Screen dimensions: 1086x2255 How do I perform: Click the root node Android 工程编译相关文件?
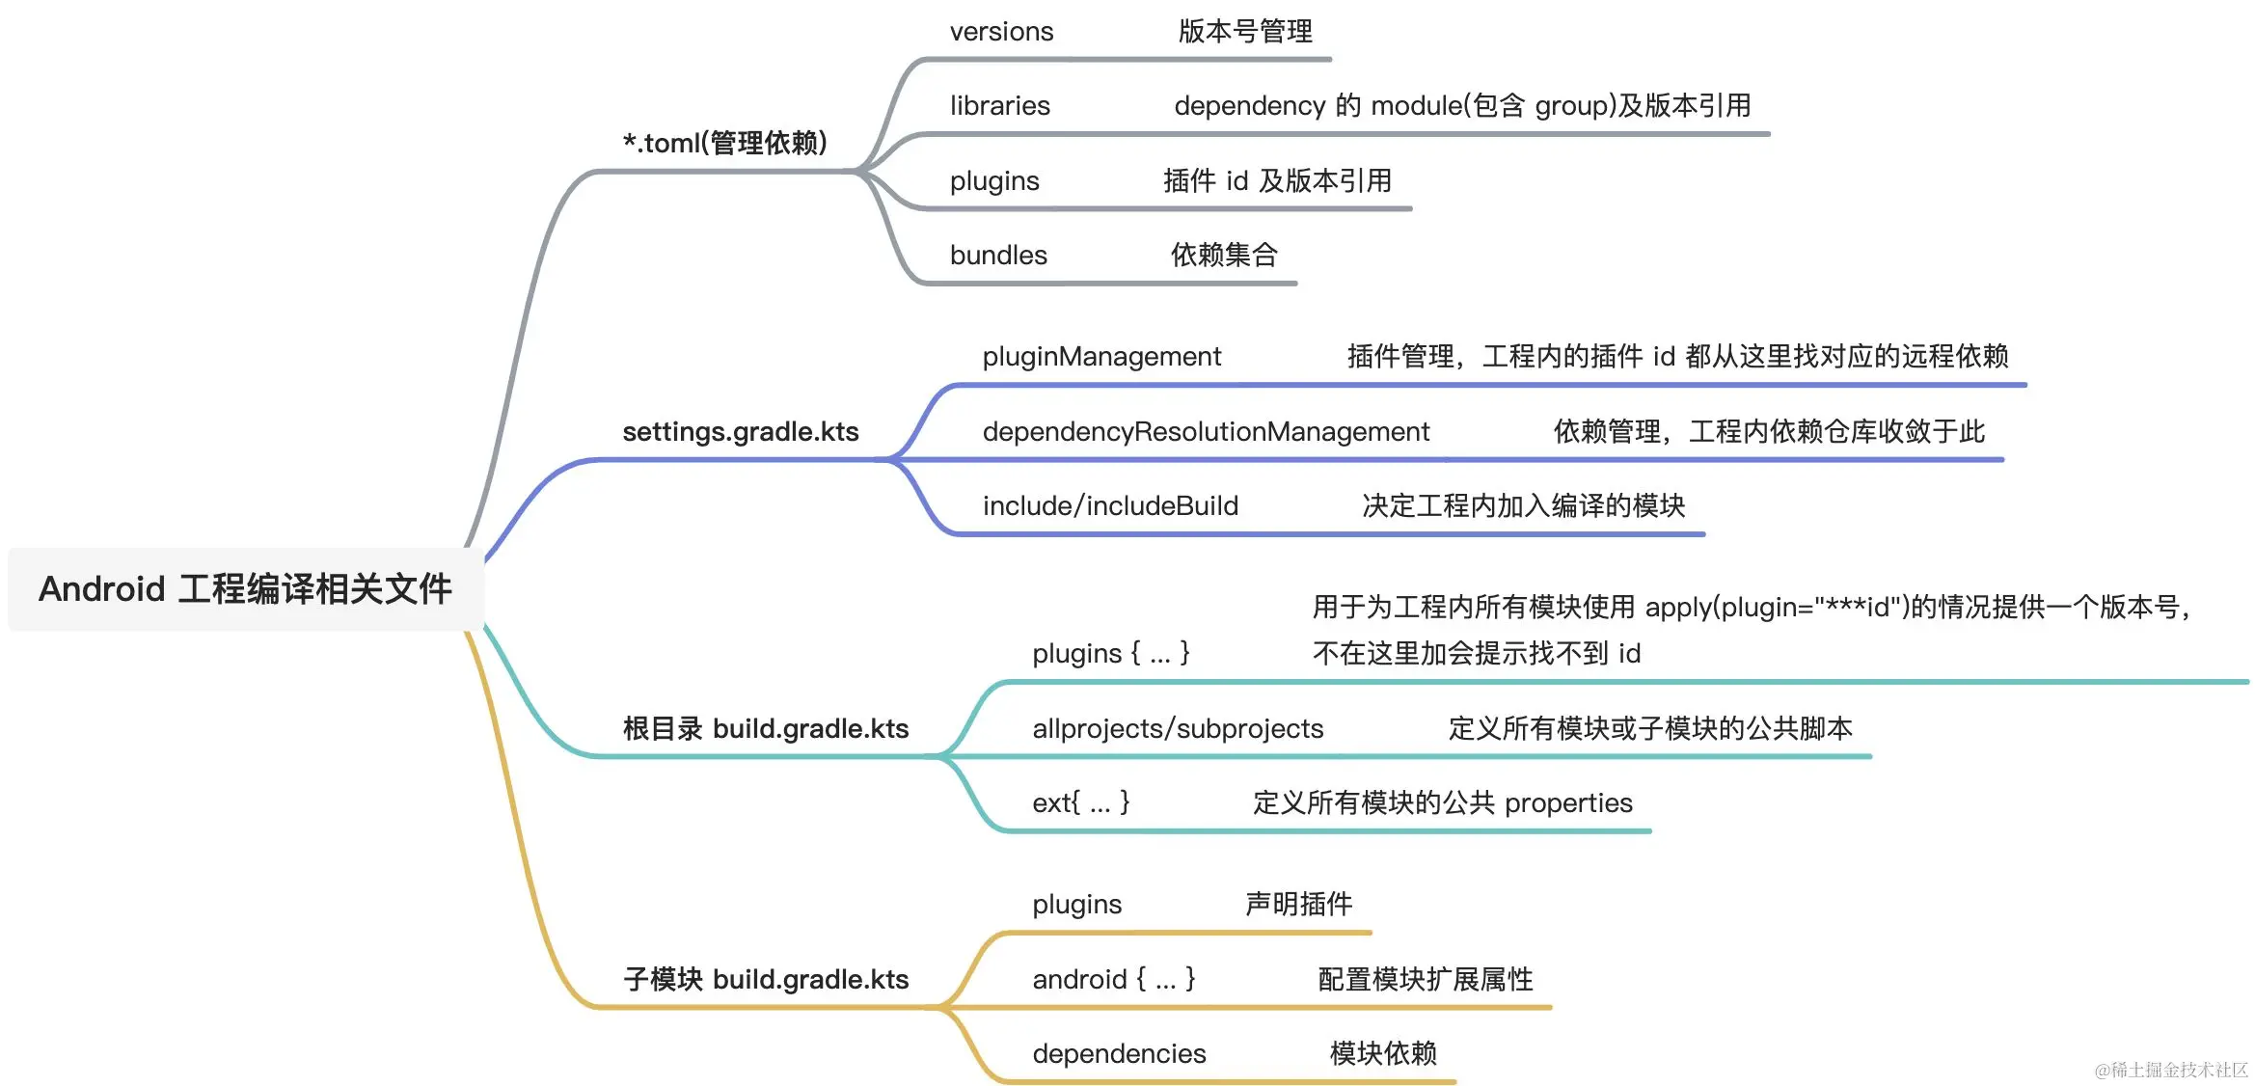245,589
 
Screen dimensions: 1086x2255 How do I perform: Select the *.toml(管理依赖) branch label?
725,143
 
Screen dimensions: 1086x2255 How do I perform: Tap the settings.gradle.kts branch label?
740,431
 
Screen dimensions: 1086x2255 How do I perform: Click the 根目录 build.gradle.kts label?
765,728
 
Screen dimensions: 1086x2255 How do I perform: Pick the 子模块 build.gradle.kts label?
765,979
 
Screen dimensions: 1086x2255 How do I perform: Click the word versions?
1001,32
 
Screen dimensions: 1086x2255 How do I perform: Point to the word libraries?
999,106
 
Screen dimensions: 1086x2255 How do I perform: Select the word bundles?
998,256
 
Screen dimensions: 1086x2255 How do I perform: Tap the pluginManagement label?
1101,357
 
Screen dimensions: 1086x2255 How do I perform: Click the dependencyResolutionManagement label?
1206,431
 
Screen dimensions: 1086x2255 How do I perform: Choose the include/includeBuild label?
1110,506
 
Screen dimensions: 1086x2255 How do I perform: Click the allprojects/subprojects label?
1178,728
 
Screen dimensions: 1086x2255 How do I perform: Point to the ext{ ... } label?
1080,802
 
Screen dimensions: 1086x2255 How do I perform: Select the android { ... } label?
1113,979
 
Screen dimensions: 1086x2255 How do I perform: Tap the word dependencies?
1119,1053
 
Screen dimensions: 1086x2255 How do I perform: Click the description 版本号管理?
1244,32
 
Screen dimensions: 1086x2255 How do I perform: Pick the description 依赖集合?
1224,256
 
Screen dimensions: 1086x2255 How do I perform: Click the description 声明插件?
1298,904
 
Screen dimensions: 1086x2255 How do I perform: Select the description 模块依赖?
1383,1053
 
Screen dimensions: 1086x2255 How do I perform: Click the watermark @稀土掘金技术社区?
2171,1070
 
